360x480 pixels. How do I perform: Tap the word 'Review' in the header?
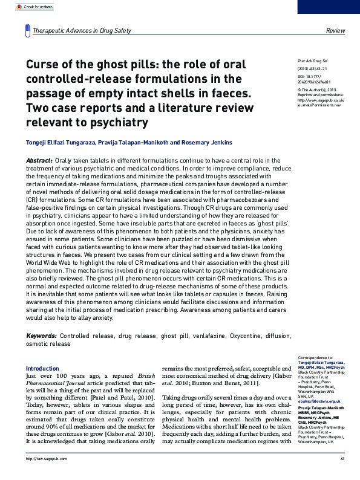(335, 31)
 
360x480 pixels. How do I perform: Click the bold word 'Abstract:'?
(39, 160)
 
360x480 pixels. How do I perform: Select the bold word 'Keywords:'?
(41, 336)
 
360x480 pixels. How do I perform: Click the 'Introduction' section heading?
(42, 368)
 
